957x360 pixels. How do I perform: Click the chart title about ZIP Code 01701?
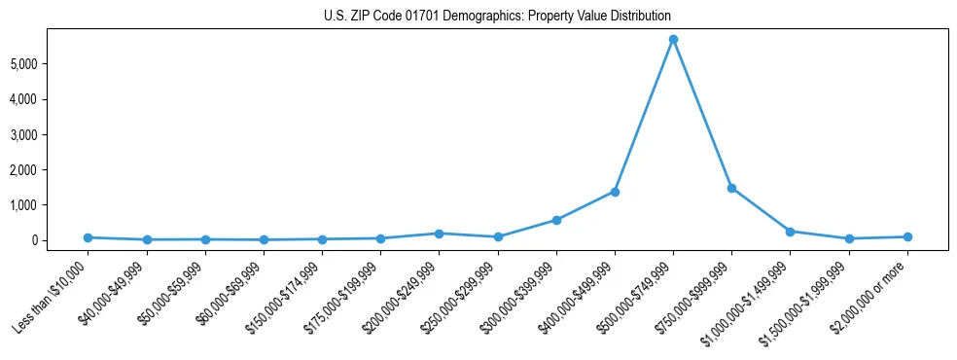point(497,17)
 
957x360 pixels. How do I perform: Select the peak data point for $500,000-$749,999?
point(673,40)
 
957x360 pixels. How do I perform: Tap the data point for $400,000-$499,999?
point(615,192)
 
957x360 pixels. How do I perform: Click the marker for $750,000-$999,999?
point(731,188)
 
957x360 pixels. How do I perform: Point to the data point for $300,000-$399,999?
point(556,220)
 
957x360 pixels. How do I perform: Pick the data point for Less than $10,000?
point(88,237)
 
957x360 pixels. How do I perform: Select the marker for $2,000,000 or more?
point(907,236)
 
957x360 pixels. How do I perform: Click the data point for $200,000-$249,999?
point(439,234)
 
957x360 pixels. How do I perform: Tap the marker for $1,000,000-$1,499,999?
point(790,232)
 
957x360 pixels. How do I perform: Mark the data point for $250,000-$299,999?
point(498,236)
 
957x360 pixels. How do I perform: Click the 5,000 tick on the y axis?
point(51,64)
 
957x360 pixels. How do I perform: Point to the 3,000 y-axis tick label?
point(51,134)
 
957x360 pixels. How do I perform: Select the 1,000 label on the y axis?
point(51,205)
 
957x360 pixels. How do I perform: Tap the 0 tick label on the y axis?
point(60,240)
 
